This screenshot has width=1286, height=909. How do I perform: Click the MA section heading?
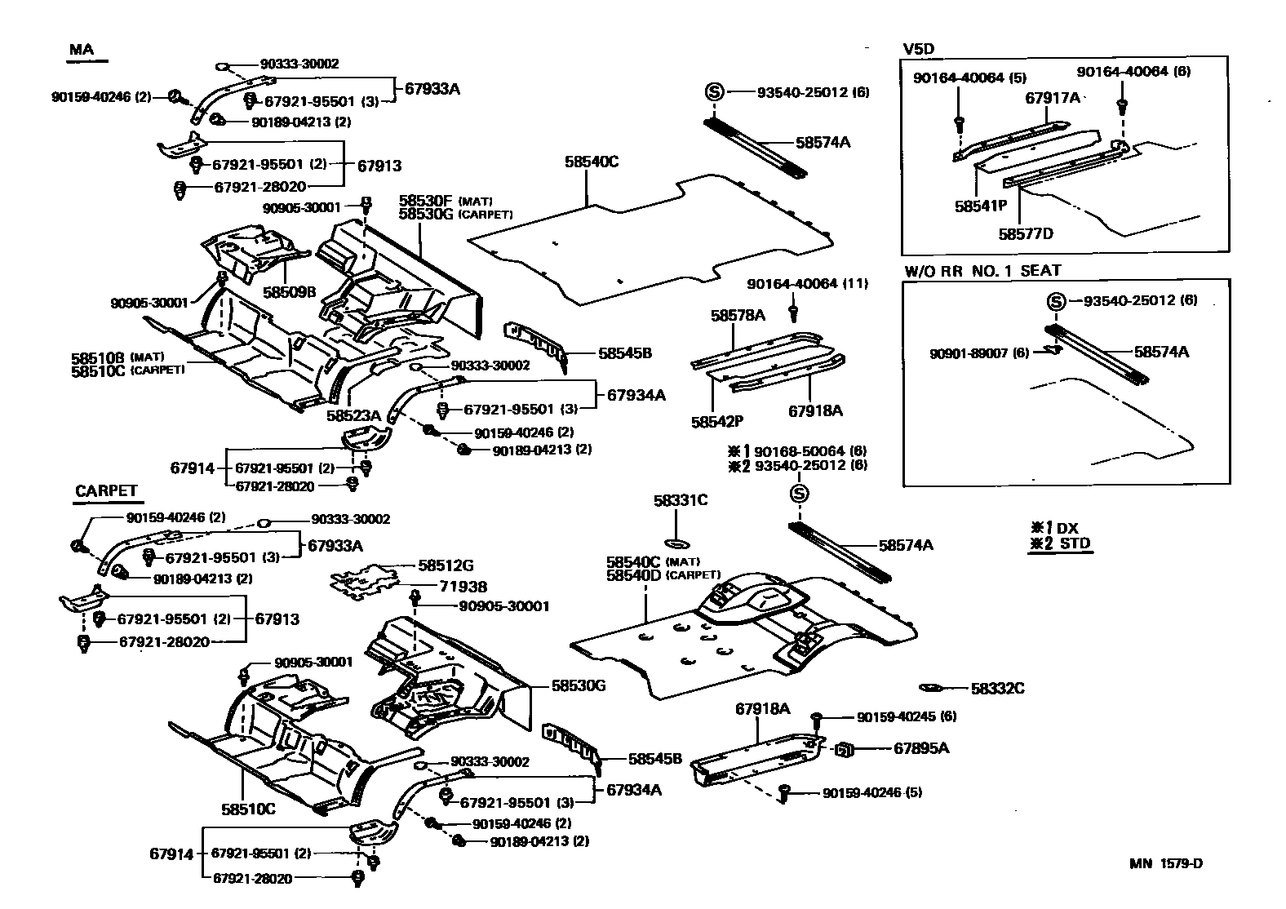tap(82, 50)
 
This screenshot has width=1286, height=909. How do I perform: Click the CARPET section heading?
tap(106, 491)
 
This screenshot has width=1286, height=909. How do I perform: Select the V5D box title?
tap(918, 48)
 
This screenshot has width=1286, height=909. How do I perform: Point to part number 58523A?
tap(353, 415)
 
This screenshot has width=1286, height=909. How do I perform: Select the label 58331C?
tap(681, 500)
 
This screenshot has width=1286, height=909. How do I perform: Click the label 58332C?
tap(997, 689)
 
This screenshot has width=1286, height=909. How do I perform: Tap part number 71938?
tap(463, 587)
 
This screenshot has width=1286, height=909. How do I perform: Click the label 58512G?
tap(446, 565)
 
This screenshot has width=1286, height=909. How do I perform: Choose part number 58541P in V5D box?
tap(981, 206)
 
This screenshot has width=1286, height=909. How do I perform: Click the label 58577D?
tap(1026, 234)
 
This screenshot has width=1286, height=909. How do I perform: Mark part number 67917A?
tap(1053, 98)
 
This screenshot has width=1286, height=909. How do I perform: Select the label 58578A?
tap(738, 315)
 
